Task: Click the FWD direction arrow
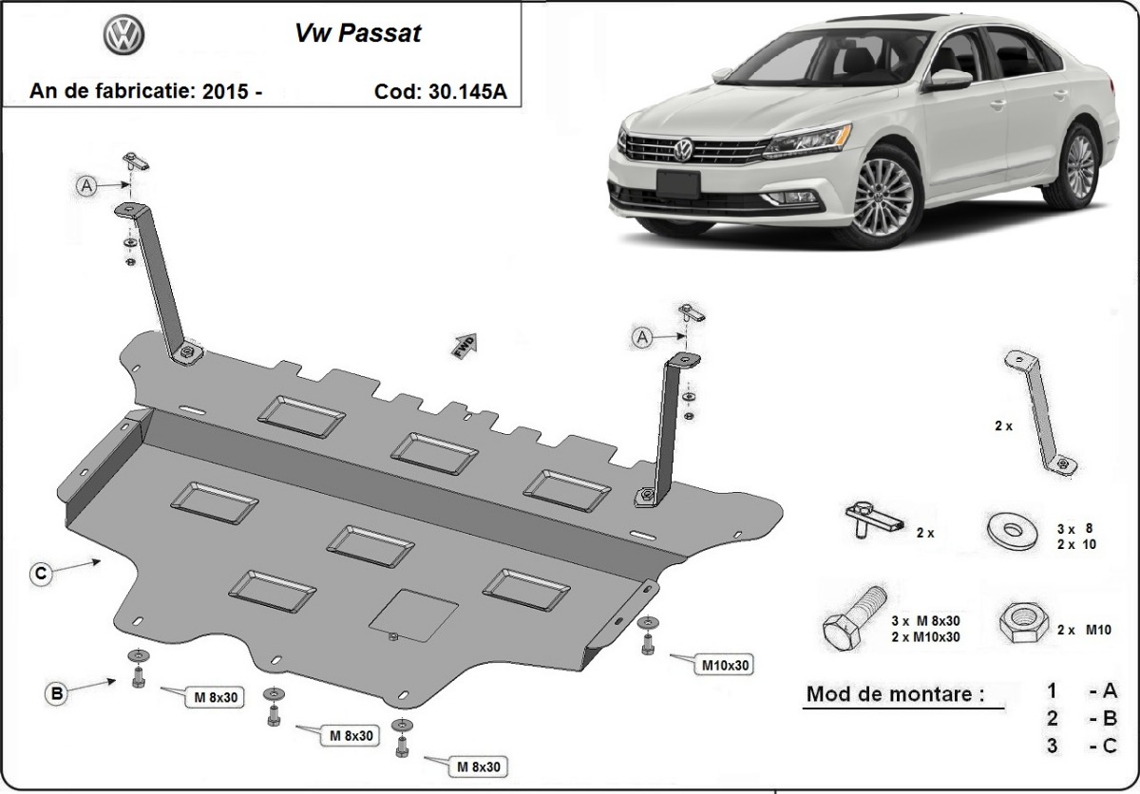464,345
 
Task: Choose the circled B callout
57,694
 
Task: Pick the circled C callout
39,573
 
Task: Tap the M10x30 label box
727,665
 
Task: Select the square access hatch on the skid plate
413,613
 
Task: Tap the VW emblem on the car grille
683,149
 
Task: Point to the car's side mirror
946,80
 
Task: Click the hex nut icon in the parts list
1021,626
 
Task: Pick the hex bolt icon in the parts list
851,618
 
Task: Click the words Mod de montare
895,693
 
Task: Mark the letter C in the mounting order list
1110,746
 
